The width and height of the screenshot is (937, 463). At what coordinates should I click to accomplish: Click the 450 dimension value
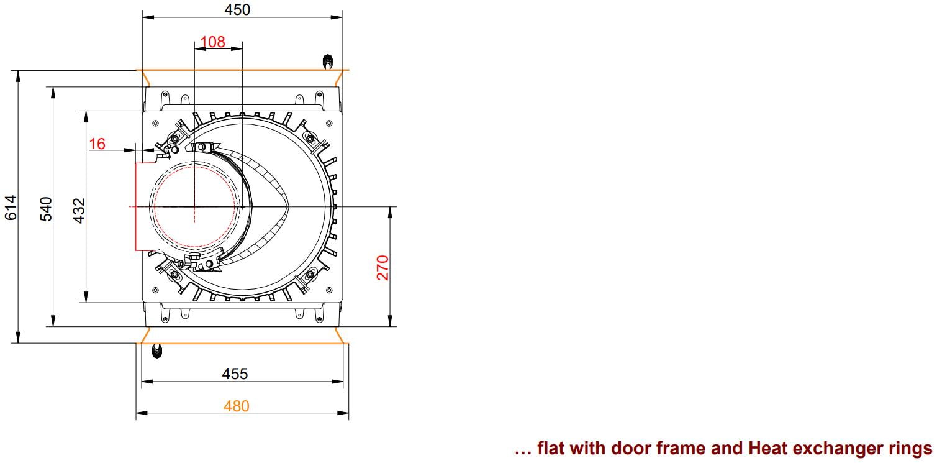(x=237, y=9)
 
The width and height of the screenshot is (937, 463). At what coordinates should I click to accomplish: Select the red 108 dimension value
(x=212, y=42)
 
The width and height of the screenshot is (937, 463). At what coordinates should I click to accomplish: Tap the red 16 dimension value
(x=97, y=144)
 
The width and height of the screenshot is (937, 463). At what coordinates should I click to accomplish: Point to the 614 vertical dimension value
(x=11, y=207)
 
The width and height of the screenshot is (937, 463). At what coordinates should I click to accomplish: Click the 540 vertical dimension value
(x=45, y=209)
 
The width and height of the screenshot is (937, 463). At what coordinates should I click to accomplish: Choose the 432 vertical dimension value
(x=79, y=211)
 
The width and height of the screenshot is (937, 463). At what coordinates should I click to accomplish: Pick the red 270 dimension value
(x=382, y=267)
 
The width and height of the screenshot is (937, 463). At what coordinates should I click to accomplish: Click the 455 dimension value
(x=235, y=374)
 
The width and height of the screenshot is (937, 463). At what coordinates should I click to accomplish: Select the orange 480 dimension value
(x=237, y=406)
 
